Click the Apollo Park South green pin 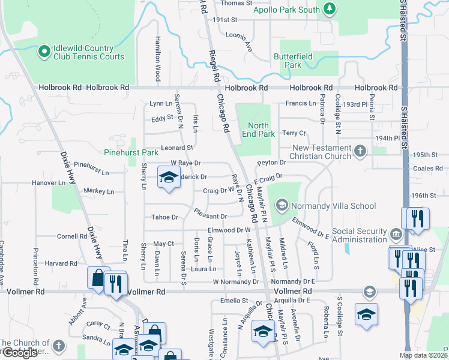click(328, 9)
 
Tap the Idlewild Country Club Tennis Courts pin click(44, 52)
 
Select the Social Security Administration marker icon click(394, 234)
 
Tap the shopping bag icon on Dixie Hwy click(97, 278)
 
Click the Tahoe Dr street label click(165, 217)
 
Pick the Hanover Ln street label click(49, 182)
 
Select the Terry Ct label click(294, 133)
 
